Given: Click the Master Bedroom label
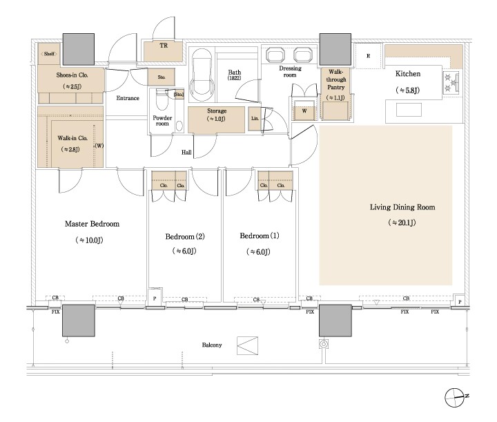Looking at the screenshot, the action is [92, 224].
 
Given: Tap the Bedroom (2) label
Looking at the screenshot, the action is [185, 236].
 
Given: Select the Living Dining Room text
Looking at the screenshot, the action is [402, 207].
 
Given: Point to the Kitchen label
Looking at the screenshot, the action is [408, 74].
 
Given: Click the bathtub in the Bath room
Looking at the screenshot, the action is [202, 75].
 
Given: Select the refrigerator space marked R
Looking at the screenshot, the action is [368, 56].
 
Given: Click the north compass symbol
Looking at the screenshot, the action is [456, 397].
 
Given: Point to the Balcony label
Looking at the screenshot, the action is [212, 345].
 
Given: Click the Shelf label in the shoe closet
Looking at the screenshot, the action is [49, 54].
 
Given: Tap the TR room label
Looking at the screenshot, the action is [164, 46].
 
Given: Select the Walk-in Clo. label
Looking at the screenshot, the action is [72, 138].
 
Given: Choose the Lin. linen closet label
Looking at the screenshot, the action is [255, 119].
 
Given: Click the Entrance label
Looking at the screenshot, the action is [128, 98].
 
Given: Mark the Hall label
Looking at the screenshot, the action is [186, 152].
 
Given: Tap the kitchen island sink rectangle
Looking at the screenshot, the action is [409, 110].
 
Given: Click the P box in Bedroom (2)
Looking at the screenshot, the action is [155, 298].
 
